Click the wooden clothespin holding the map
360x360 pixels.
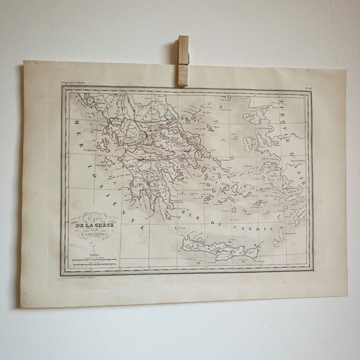[183, 60]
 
